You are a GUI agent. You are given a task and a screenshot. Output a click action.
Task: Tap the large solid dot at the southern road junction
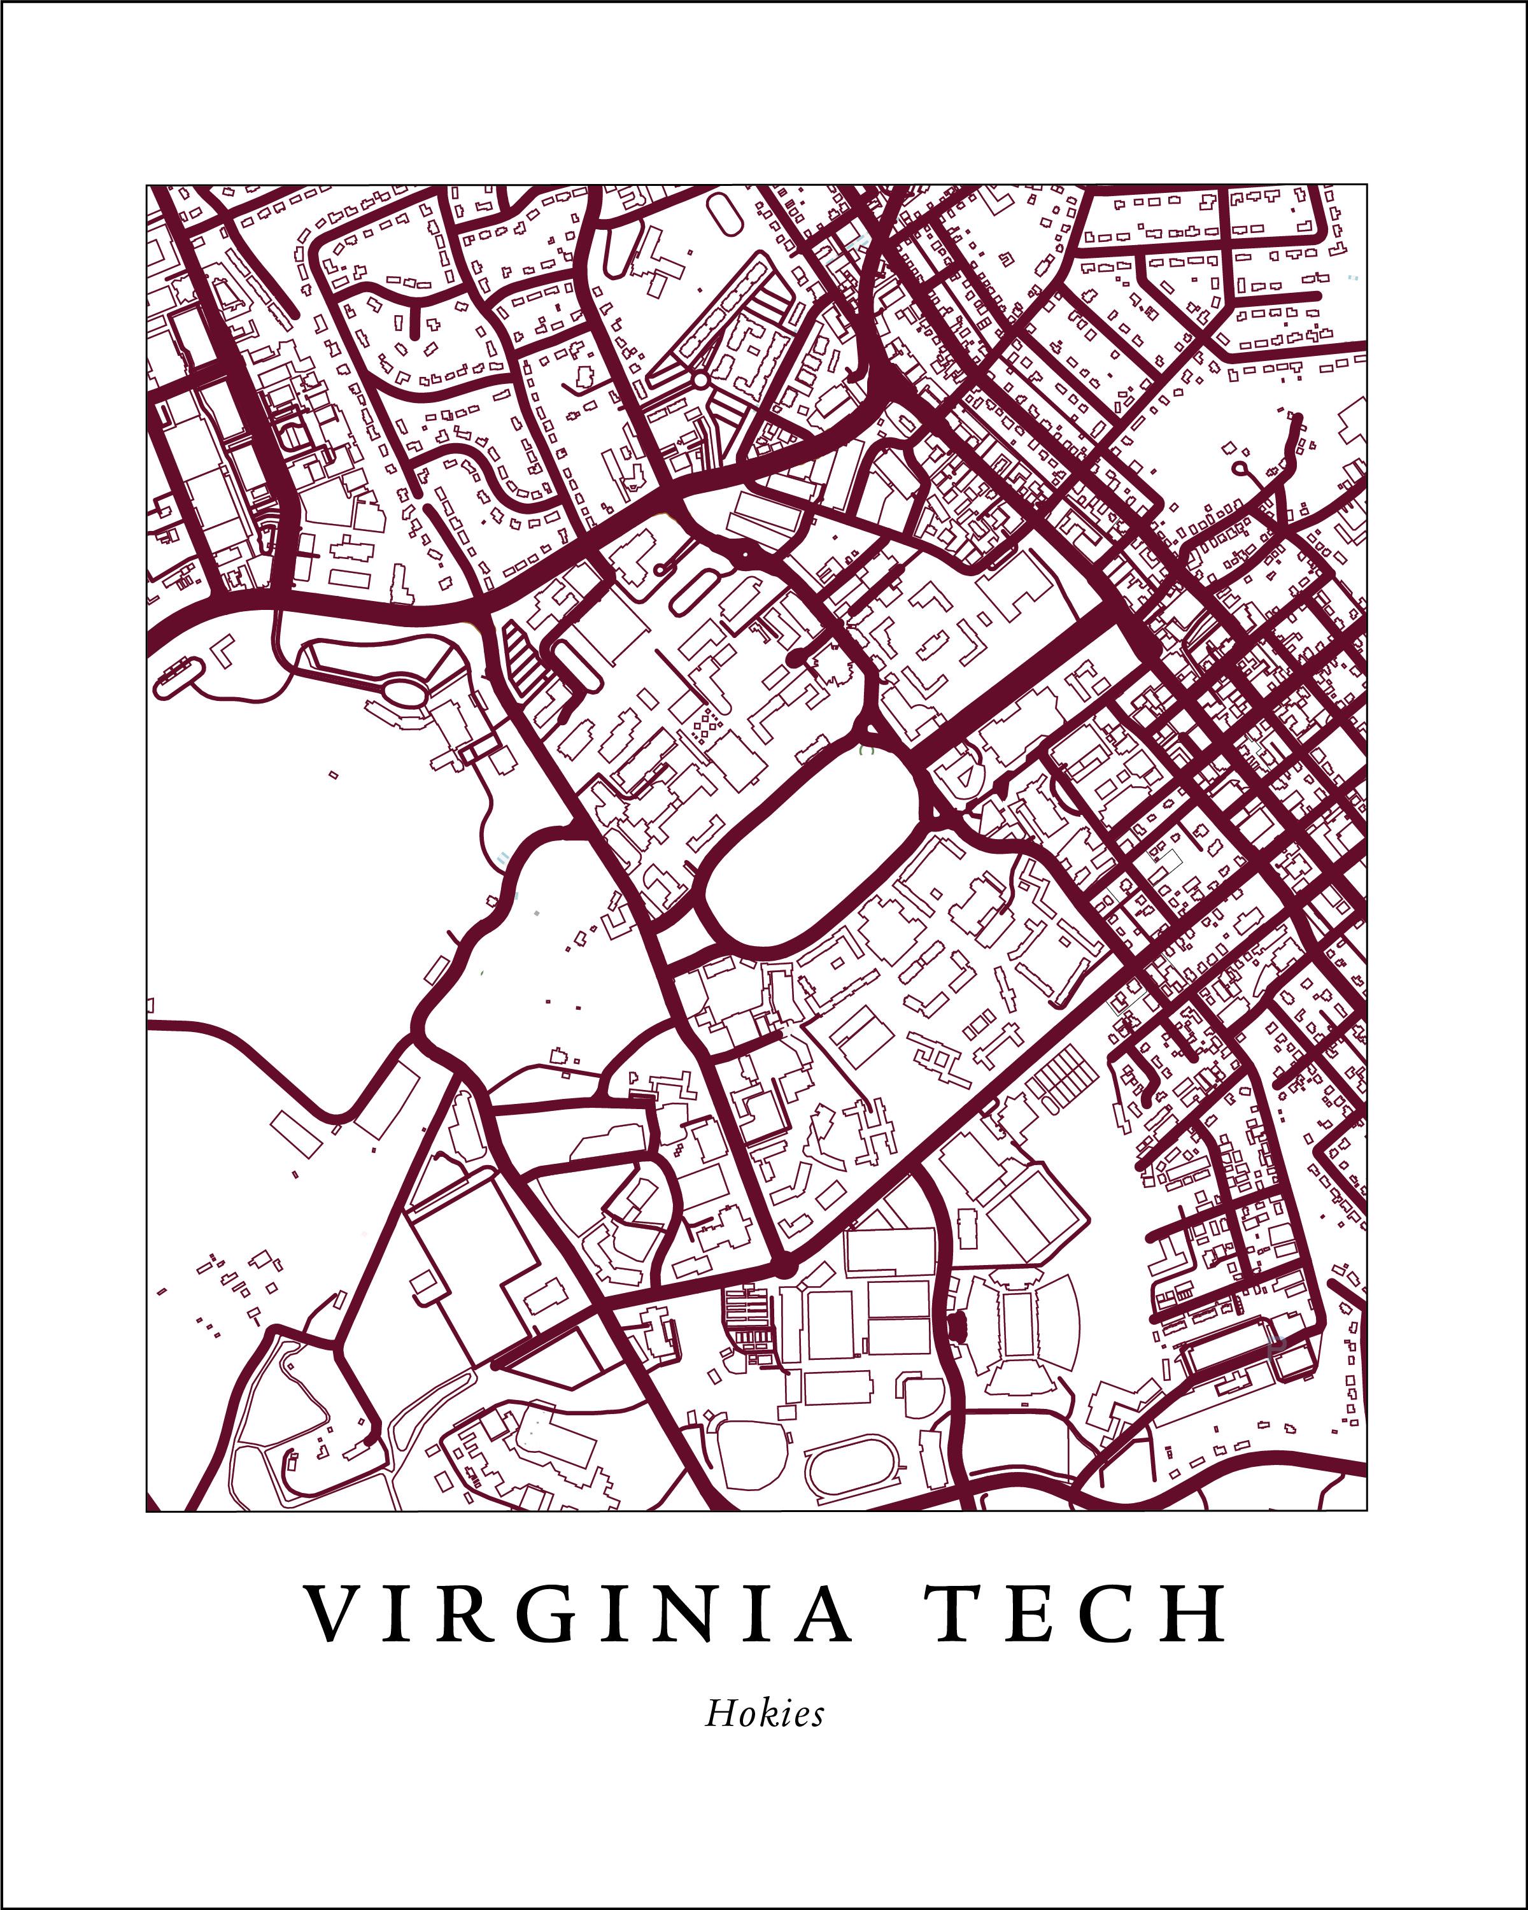[x=782, y=1269]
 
